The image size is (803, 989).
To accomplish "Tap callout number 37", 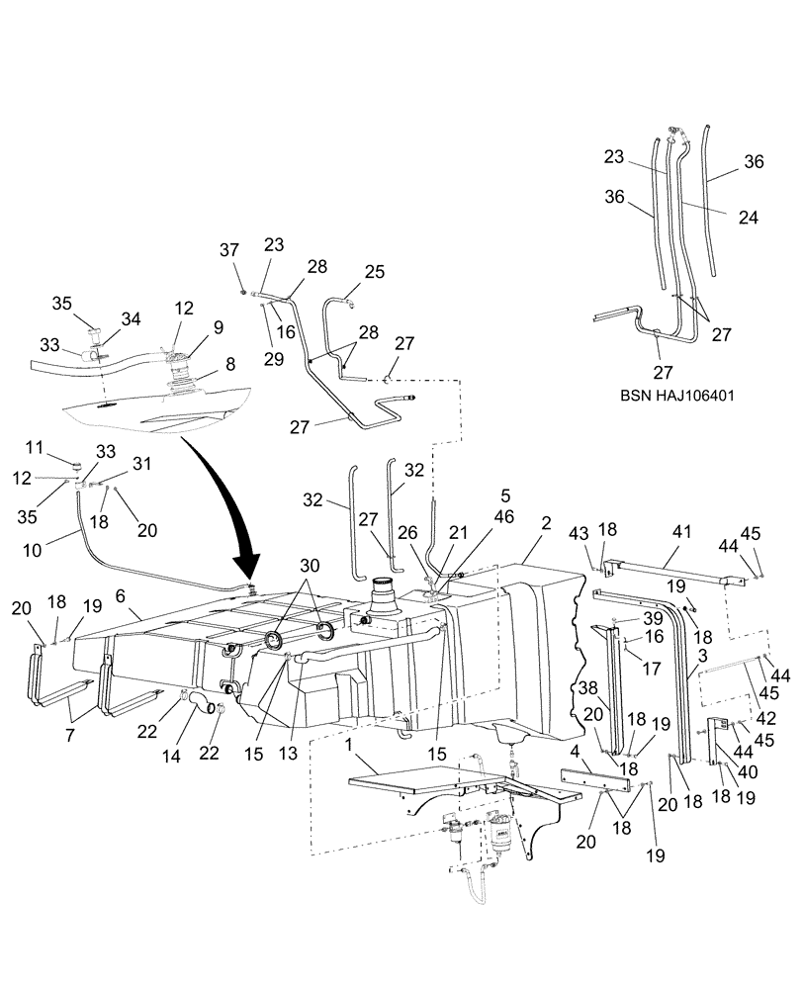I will coord(228,249).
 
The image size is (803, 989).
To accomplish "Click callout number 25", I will coord(346,270).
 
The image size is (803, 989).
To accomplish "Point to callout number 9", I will coord(217,326).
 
